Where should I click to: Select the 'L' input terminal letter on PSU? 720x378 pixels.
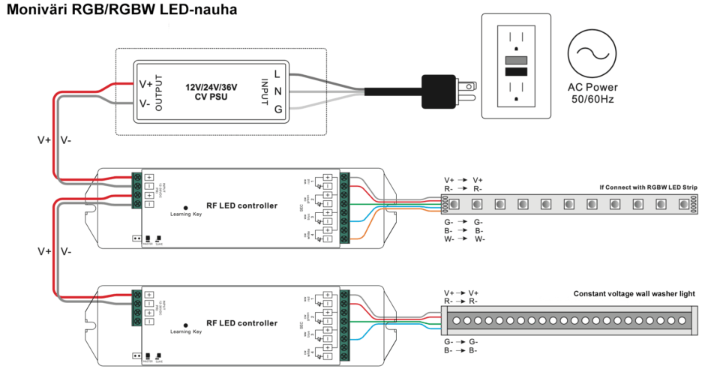(277, 73)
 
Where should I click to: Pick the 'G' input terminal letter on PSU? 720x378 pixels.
(277, 109)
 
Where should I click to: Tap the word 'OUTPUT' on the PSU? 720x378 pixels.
(159, 91)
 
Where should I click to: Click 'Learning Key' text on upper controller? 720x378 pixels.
(185, 214)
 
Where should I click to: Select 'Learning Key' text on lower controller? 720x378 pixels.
(185, 331)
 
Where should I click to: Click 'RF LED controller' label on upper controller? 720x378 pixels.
(241, 205)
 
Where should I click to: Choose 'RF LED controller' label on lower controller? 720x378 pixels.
(241, 323)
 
